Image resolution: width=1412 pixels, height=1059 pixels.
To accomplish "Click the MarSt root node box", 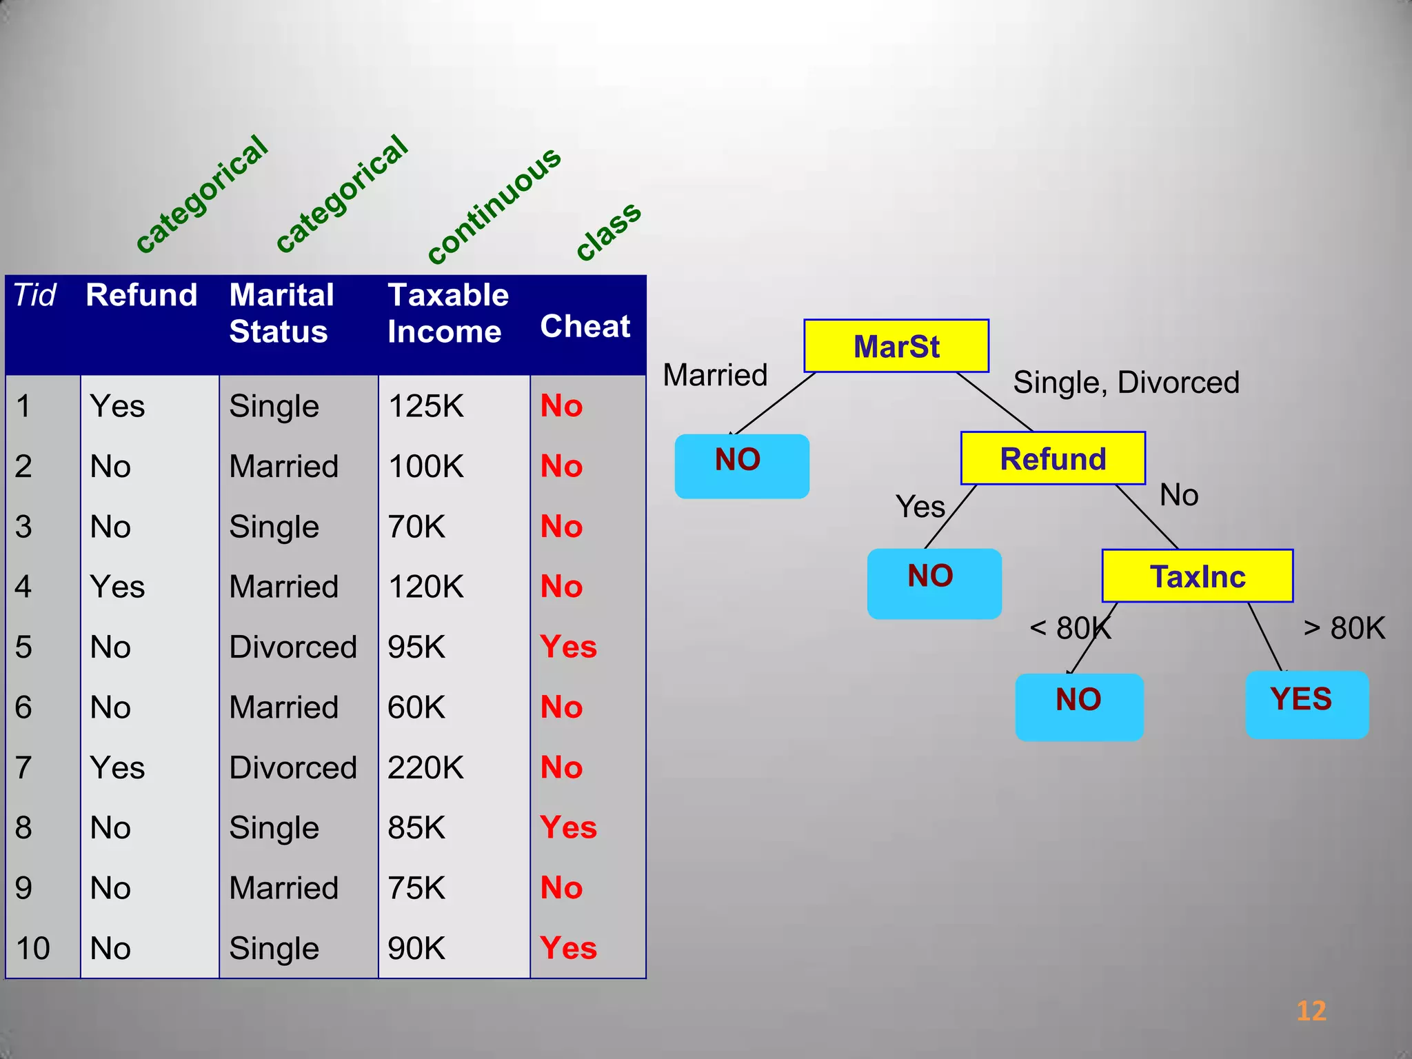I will pyautogui.click(x=896, y=346).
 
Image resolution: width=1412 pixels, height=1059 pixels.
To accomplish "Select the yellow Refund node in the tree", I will pyautogui.click(x=1053, y=458).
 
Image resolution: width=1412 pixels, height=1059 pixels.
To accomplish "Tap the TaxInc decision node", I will pyautogui.click(x=1198, y=576).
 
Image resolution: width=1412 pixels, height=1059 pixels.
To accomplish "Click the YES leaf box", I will pyautogui.click(x=1307, y=704).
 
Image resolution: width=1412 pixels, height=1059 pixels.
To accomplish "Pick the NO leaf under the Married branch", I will pyautogui.click(x=742, y=465).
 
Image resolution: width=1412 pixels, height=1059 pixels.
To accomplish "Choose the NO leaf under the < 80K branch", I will pyautogui.click(x=1079, y=707).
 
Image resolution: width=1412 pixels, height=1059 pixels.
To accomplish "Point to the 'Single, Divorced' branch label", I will pyautogui.click(x=1126, y=383).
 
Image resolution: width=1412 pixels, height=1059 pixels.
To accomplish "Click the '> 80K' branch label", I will pyautogui.click(x=1344, y=628).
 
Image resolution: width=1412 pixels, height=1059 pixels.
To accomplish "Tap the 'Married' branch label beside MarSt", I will pyautogui.click(x=715, y=376).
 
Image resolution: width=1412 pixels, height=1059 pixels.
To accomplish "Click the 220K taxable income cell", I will pyautogui.click(x=426, y=767).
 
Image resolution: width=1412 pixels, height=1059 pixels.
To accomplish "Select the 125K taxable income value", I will pyautogui.click(x=426, y=406).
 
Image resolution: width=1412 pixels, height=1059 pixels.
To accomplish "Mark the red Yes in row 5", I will pyautogui.click(x=569, y=647).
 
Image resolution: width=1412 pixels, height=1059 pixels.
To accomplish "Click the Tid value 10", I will pyautogui.click(x=32, y=948).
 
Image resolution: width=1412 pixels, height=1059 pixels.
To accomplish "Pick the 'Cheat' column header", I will pyautogui.click(x=585, y=326).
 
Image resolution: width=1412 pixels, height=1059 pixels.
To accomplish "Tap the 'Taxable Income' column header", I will pyautogui.click(x=447, y=313).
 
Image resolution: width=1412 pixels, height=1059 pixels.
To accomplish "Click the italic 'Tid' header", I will pyautogui.click(x=34, y=295).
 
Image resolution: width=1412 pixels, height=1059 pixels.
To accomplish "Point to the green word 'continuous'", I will pyautogui.click(x=494, y=205).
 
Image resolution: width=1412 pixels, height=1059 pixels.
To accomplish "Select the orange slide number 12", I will pyautogui.click(x=1311, y=1011).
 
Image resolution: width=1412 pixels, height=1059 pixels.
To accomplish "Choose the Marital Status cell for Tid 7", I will pyautogui.click(x=293, y=767).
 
